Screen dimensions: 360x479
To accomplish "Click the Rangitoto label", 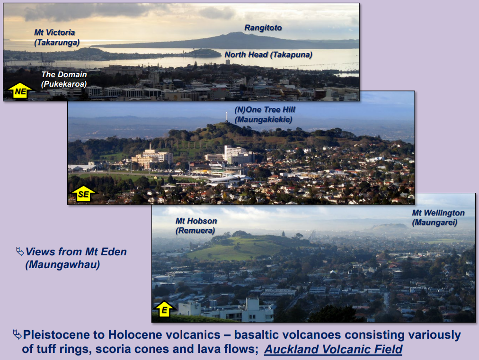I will pyautogui.click(x=263, y=28).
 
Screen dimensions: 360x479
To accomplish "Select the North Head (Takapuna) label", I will pyautogui.click(x=268, y=55).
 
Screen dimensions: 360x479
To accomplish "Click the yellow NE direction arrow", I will pyautogui.click(x=20, y=90).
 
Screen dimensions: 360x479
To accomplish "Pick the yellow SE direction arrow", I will pyautogui.click(x=83, y=193).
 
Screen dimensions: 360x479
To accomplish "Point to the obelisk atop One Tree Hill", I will pyautogui.click(x=227, y=117).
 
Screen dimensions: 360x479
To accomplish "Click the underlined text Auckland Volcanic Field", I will pyautogui.click(x=333, y=350).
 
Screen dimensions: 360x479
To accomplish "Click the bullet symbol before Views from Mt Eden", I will pyautogui.click(x=19, y=251).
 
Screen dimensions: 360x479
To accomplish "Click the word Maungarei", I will pyautogui.click(x=435, y=222).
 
